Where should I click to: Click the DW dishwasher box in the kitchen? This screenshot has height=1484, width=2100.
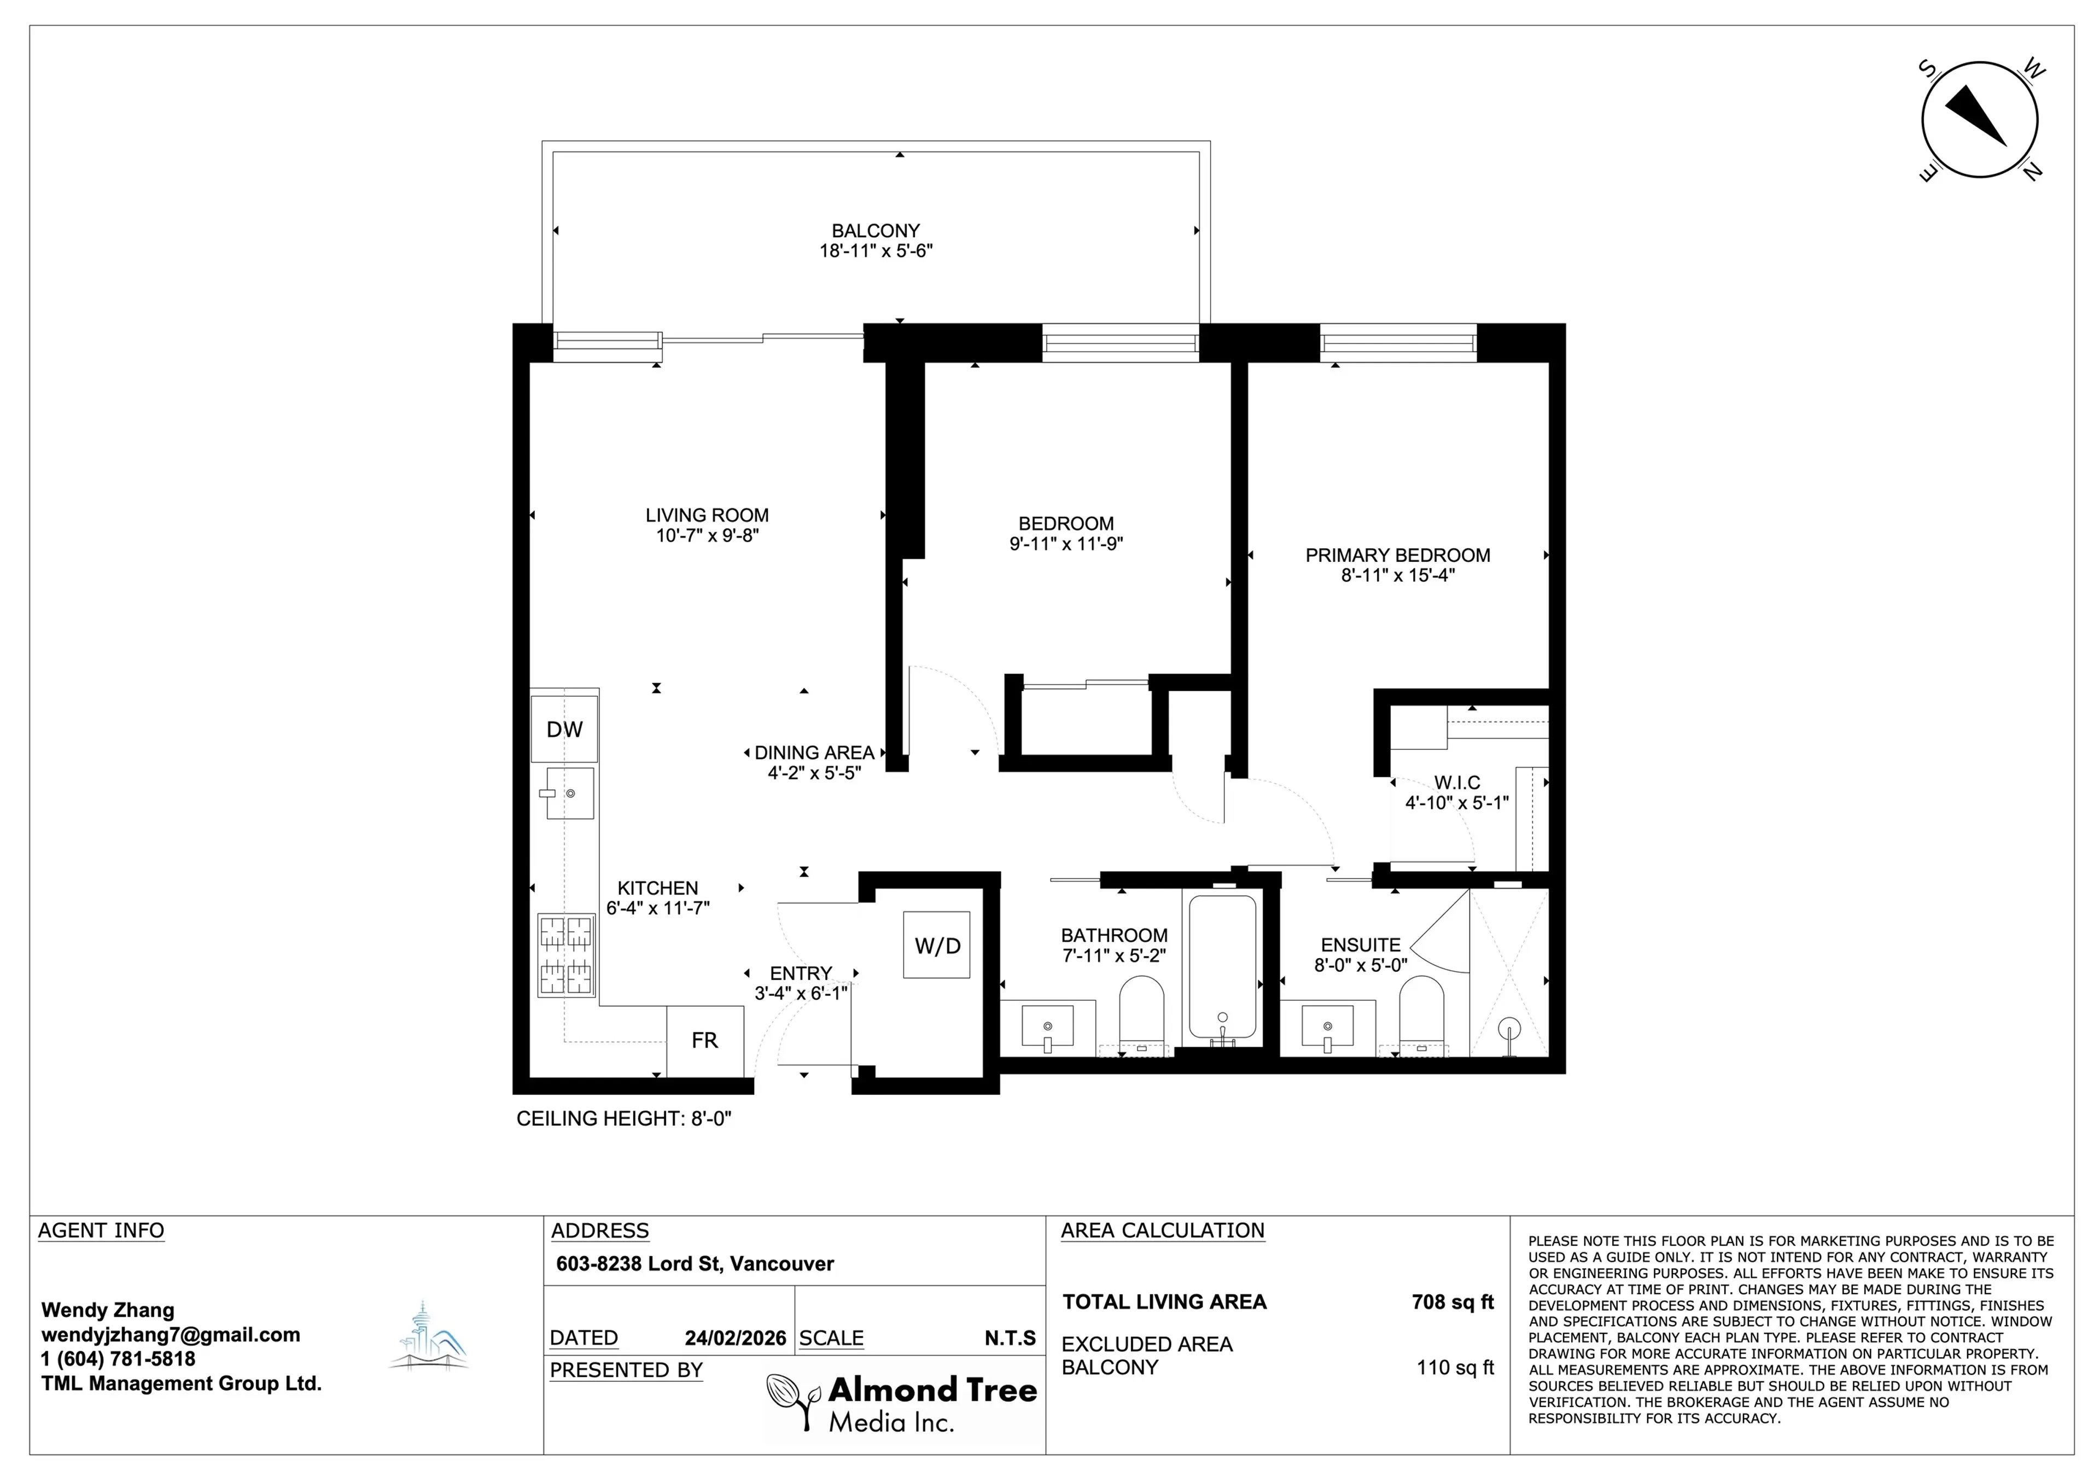point(564,729)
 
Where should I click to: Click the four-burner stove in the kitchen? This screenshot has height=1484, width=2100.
point(565,955)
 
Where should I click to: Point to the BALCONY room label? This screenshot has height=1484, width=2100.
point(876,231)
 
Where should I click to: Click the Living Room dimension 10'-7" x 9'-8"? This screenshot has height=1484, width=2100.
point(707,536)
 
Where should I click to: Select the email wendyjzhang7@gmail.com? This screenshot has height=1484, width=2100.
point(170,1335)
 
